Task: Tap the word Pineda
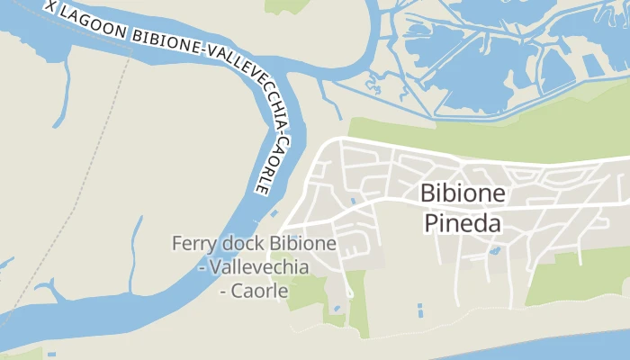pyautogui.click(x=463, y=223)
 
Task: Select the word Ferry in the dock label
pyautogui.click(x=194, y=244)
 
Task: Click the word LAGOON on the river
pyautogui.click(x=94, y=26)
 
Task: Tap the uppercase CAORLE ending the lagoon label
pyautogui.click(x=262, y=167)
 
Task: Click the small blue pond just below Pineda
pyautogui.click(x=494, y=251)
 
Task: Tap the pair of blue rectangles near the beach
pyautogui.click(x=420, y=310)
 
